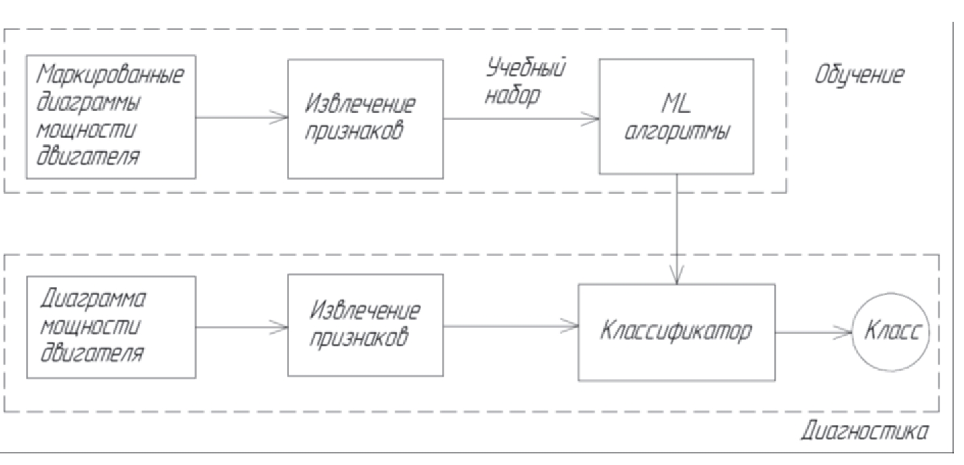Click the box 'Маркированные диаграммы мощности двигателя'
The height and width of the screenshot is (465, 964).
(x=110, y=117)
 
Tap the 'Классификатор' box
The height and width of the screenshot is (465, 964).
(x=676, y=332)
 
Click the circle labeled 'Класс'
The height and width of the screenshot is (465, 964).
(x=891, y=332)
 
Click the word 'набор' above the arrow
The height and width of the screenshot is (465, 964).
(x=514, y=96)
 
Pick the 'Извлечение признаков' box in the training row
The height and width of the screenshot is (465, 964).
(x=365, y=117)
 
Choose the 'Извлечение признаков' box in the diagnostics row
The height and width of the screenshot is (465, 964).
(x=365, y=325)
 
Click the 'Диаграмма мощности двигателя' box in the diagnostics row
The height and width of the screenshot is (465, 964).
(x=110, y=326)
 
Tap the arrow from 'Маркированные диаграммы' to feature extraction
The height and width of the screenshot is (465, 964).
(x=241, y=118)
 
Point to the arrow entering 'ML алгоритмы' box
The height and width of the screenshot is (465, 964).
(x=520, y=118)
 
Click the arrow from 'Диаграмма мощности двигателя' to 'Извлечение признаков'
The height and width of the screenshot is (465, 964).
(x=241, y=327)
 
